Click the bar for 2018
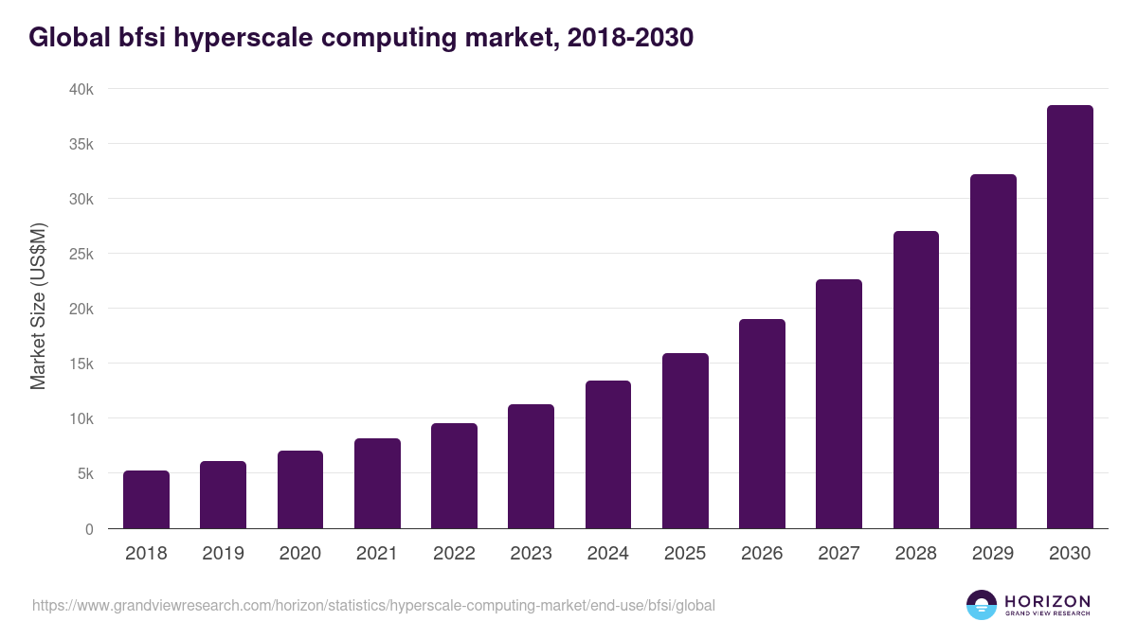[146, 500]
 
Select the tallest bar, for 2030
[1070, 317]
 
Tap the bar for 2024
[608, 454]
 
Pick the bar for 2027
[839, 404]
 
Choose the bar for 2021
[377, 484]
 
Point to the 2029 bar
[993, 351]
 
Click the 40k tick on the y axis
[81, 89]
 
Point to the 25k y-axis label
[81, 254]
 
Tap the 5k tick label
[85, 473]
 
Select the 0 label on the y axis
[89, 529]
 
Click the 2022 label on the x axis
[454, 554]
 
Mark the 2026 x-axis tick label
[762, 554]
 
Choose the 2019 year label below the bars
[223, 554]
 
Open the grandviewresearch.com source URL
[373, 605]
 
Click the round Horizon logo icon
[982, 605]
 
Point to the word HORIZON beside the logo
[1047, 601]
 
